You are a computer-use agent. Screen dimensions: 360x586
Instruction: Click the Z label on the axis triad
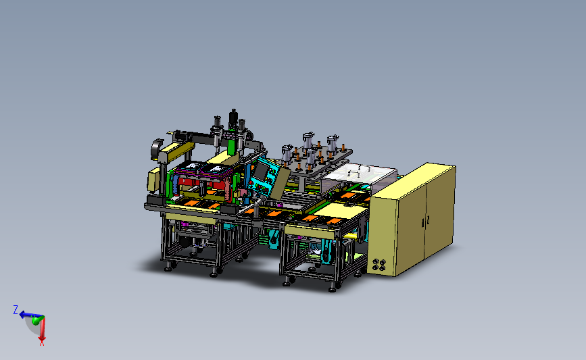tap(16, 309)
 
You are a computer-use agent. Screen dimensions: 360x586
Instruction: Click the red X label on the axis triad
tap(42, 342)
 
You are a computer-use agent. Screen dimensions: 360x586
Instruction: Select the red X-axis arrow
tap(41, 329)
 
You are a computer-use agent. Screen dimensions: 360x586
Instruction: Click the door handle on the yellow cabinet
tap(426, 220)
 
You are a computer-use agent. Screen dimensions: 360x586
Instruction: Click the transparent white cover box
tap(358, 176)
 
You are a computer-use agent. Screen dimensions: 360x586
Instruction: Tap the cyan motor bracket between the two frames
tap(274, 238)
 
